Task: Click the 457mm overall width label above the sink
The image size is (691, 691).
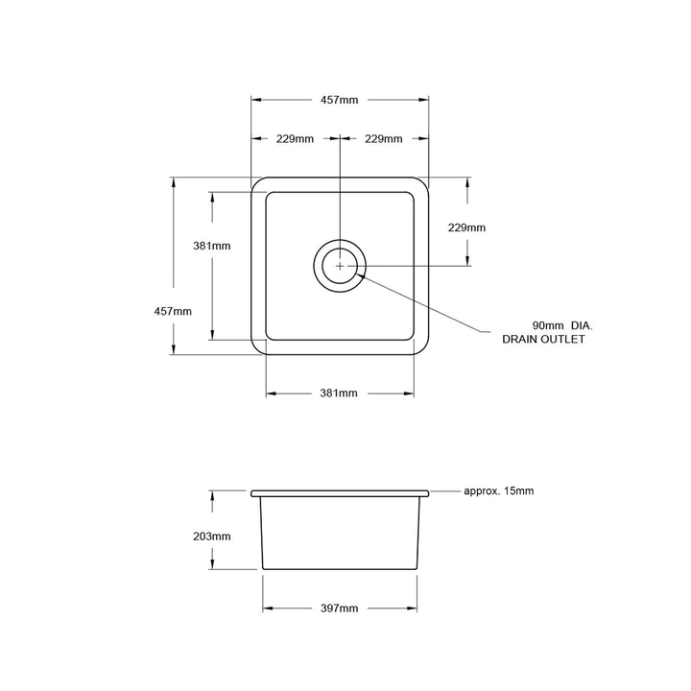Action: click(341, 99)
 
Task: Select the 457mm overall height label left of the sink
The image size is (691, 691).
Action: click(174, 310)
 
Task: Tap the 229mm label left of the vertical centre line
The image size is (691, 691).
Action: click(296, 139)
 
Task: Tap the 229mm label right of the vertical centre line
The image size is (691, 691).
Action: click(384, 139)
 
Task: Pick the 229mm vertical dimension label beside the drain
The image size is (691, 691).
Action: click(466, 228)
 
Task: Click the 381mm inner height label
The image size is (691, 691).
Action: click(212, 246)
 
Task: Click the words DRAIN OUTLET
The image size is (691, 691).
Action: click(542, 340)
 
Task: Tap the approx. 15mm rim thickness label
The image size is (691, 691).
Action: click(498, 490)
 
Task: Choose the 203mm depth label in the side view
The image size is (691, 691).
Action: click(212, 536)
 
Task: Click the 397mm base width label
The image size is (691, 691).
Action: click(339, 608)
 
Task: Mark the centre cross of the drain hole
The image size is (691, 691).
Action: click(340, 264)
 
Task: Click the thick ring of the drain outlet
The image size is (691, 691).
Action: click(316, 264)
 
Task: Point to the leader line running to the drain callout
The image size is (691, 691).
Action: click(422, 301)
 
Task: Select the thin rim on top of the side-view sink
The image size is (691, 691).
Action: click(340, 492)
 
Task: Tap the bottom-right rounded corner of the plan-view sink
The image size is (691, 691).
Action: click(422, 349)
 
